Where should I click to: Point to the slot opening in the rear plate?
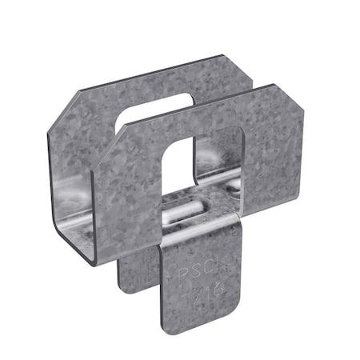tap(152, 112)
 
